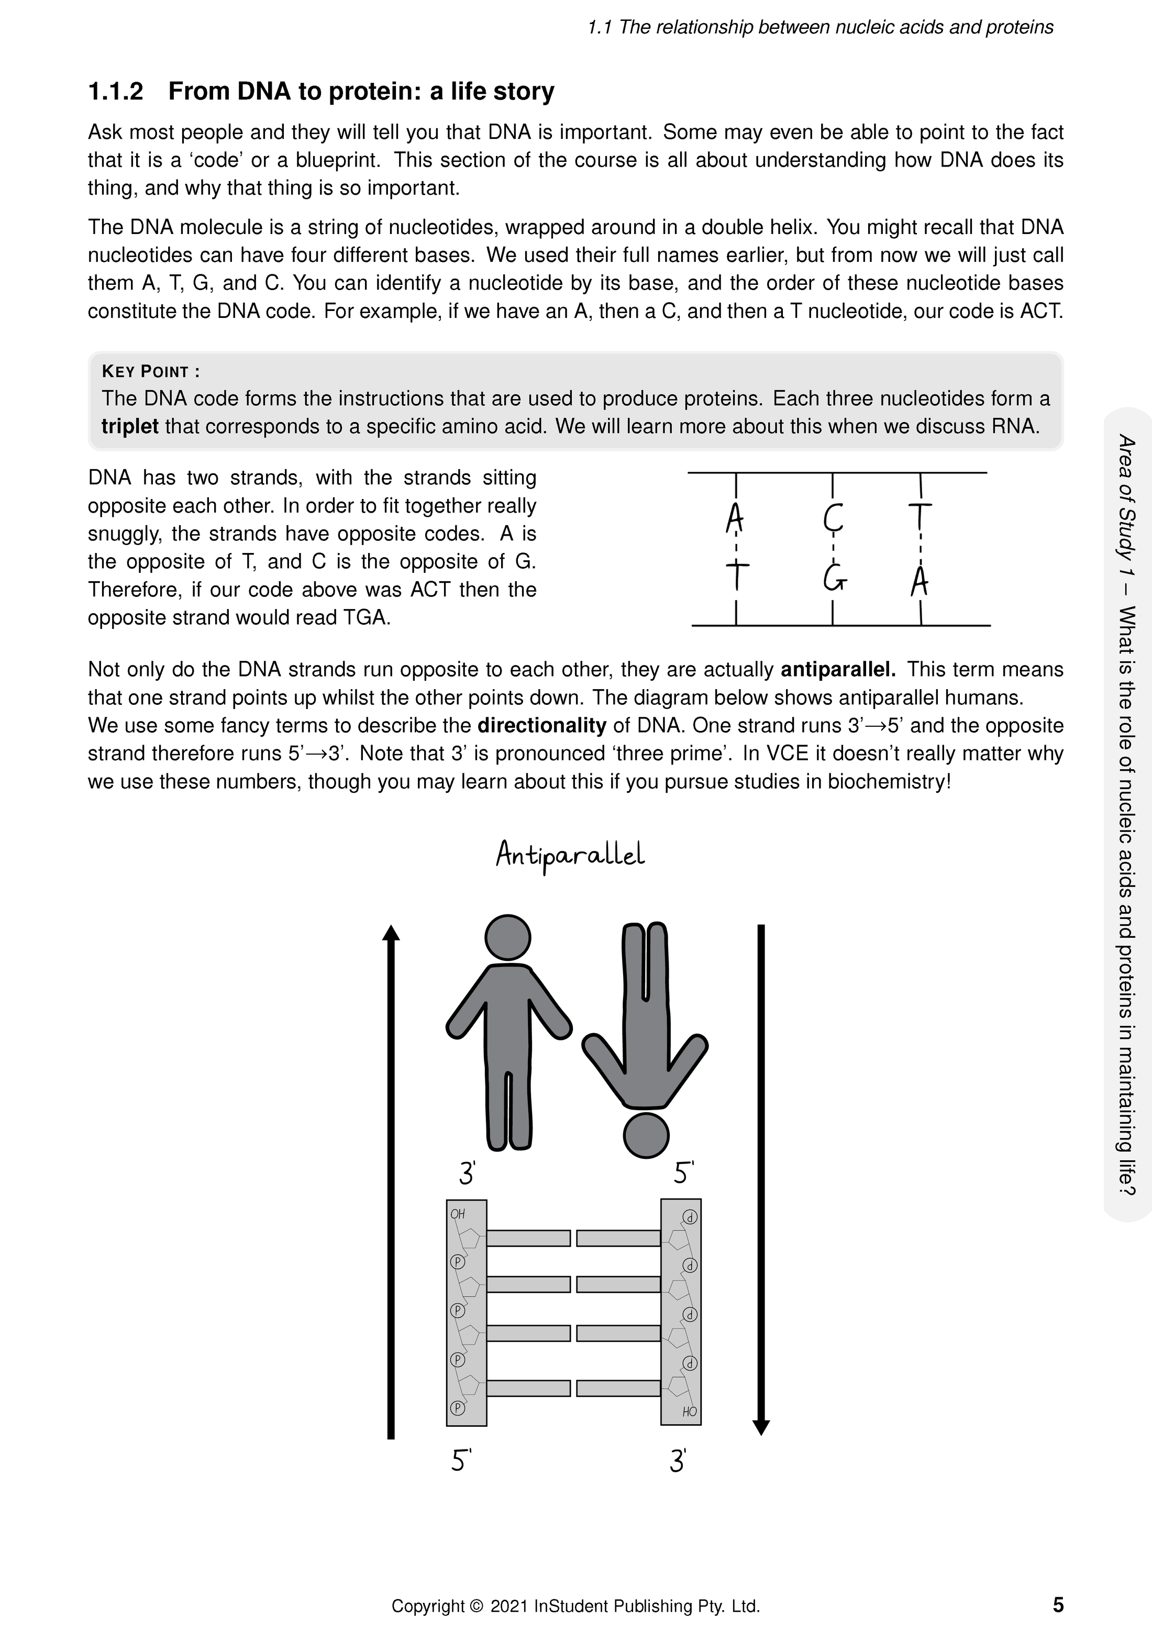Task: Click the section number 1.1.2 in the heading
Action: pos(116,92)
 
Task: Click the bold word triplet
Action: pos(130,426)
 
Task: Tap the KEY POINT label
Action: pos(150,372)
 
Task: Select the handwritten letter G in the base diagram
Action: pos(834,579)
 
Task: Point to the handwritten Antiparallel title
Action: pos(570,855)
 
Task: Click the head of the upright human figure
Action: pos(507,937)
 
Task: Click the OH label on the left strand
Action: pos(458,1214)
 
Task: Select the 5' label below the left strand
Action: pos(461,1461)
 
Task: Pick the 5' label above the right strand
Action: pos(683,1173)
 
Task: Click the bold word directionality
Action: pos(542,726)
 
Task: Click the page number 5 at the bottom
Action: pos(1058,1604)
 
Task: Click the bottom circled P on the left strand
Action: pos(458,1408)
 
